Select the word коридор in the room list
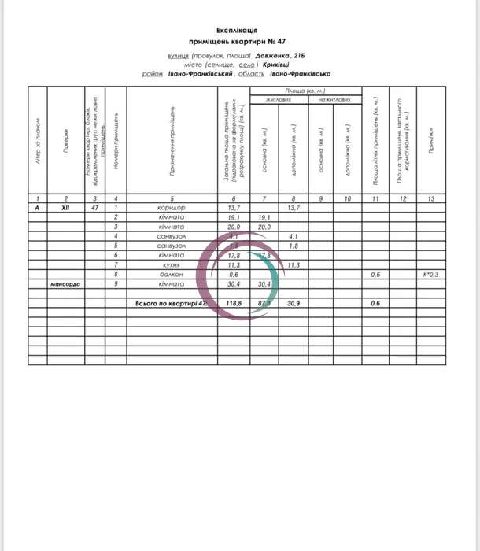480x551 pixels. tap(171, 207)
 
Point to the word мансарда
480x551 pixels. tap(66, 283)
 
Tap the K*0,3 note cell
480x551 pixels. tap(430, 274)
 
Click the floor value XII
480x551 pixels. tap(66, 207)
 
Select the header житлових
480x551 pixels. tap(278, 101)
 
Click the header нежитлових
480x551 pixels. tap(333, 101)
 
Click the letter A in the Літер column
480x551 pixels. tap(36, 207)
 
